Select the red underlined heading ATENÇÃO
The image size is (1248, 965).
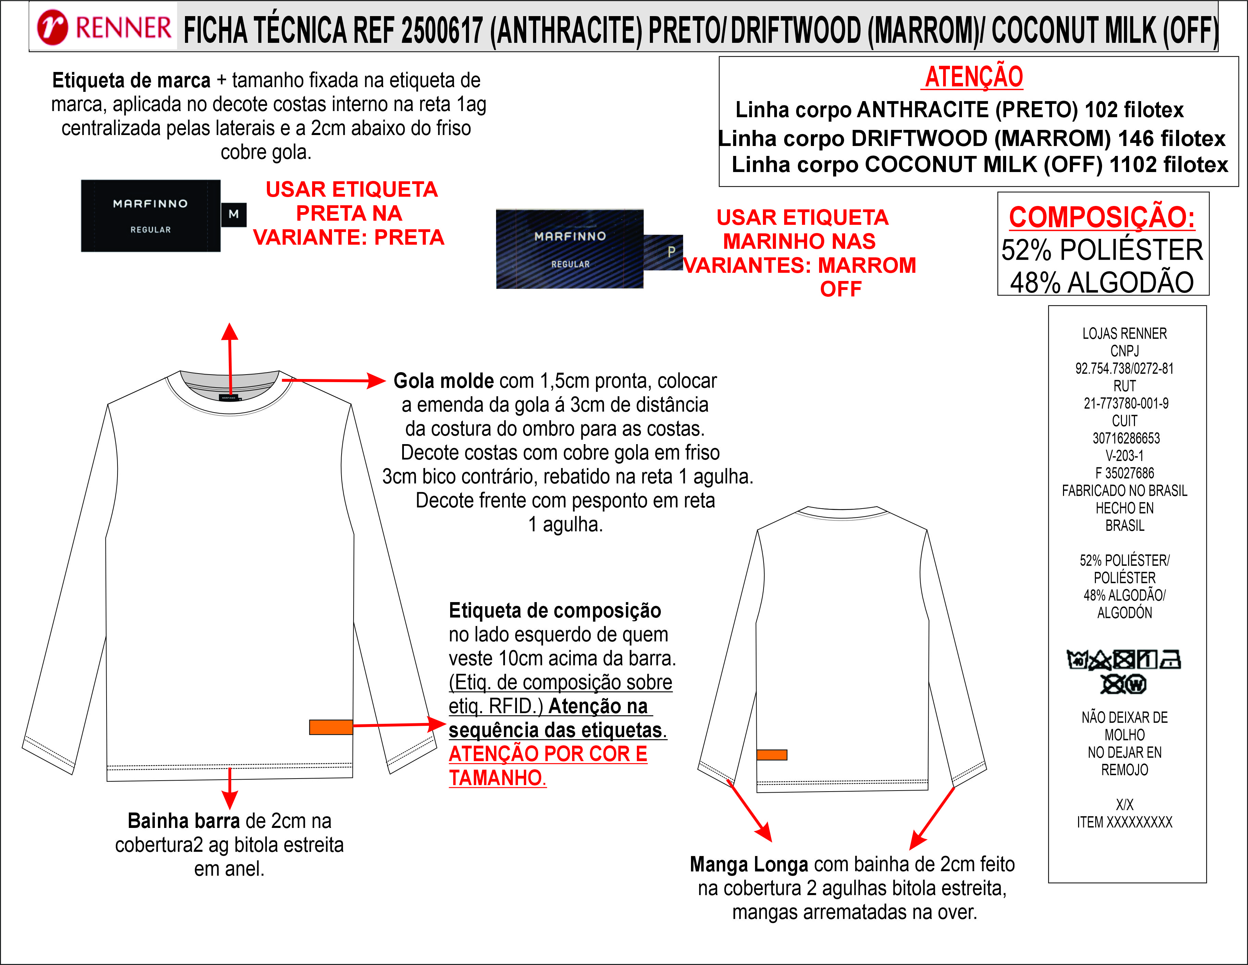tap(974, 77)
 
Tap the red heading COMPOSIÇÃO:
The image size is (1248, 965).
tap(1102, 217)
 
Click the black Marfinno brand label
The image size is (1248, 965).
tap(150, 216)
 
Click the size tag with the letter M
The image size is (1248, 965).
tap(234, 215)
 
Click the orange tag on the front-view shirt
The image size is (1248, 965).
tap(331, 726)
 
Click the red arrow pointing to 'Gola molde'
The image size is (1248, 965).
tap(334, 380)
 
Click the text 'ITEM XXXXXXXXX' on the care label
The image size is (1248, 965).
tap(1124, 822)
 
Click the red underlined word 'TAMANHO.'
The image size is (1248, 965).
tap(497, 778)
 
